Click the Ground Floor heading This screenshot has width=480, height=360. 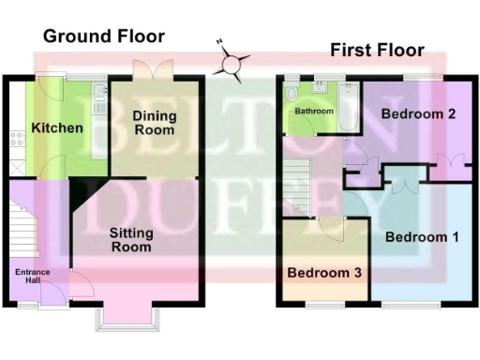pos(103,37)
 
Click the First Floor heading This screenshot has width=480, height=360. pos(376,50)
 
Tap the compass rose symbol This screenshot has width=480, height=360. pos(232,65)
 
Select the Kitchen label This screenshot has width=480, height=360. pos(57,128)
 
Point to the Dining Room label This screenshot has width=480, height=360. pos(152,123)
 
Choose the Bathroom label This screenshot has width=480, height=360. pos(314,111)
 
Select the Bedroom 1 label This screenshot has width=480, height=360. pos(421,237)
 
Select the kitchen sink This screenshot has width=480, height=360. pos(97,95)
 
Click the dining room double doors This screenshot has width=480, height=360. pos(151,71)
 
